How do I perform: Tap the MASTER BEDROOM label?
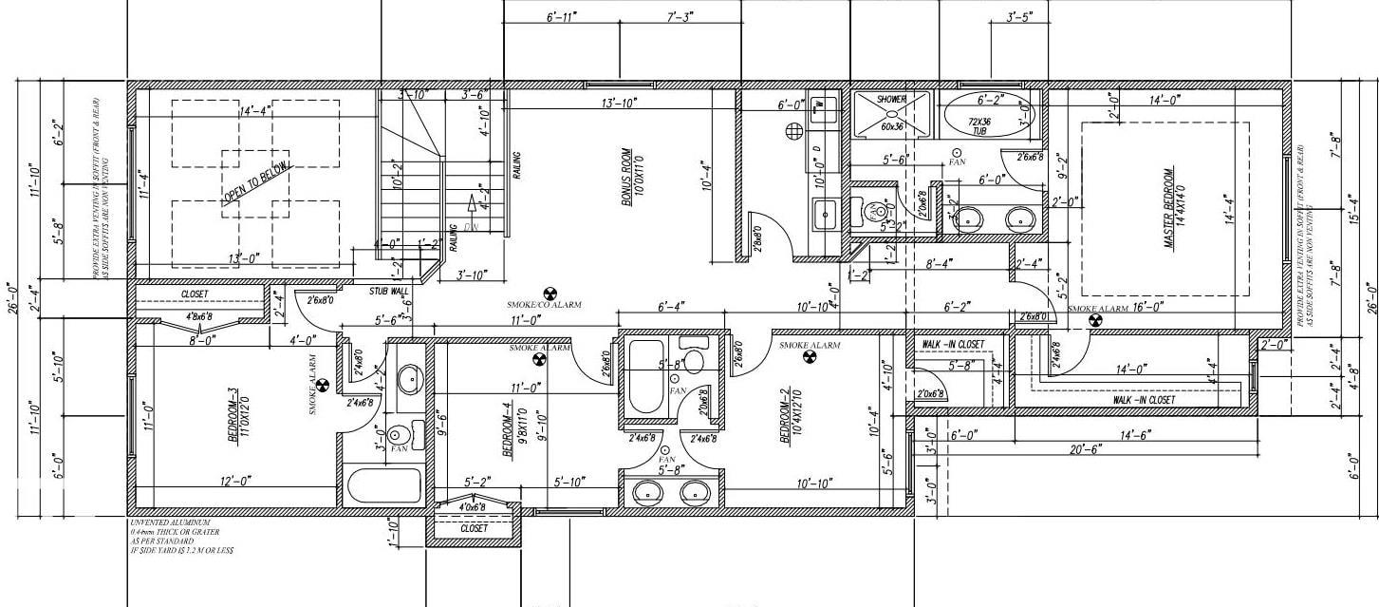[x=1169, y=209]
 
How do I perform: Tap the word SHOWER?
[x=891, y=99]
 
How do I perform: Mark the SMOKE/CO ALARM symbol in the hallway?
[x=549, y=293]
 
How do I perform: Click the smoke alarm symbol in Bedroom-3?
[x=322, y=386]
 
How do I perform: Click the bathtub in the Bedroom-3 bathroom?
[x=383, y=486]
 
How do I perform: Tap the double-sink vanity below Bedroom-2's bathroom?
[x=672, y=491]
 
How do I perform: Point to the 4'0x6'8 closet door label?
[x=472, y=507]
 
